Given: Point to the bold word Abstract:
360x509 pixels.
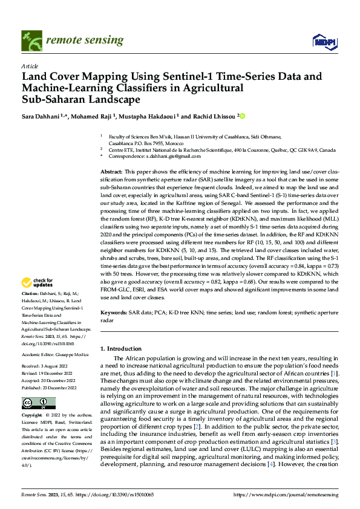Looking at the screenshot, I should [x=112, y=172].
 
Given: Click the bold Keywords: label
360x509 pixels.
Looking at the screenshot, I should [x=113, y=312].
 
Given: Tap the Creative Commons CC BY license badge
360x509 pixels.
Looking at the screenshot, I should [x=38, y=403].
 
